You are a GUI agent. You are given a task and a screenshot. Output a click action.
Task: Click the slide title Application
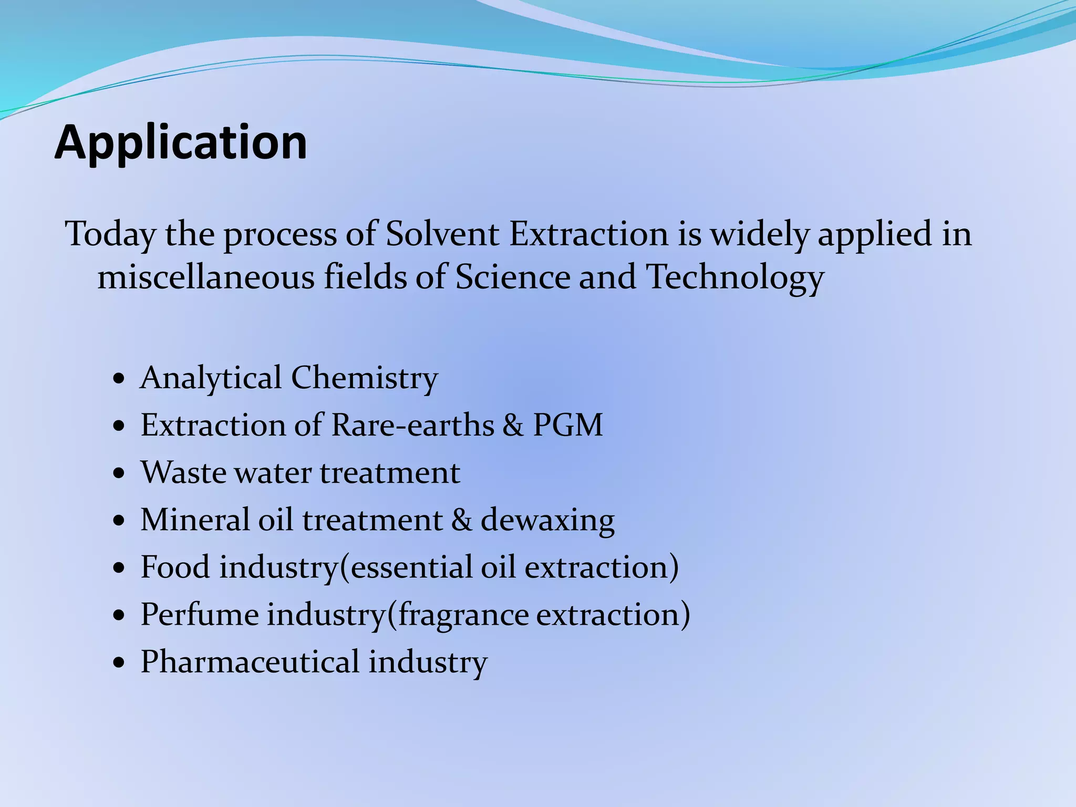[181, 143]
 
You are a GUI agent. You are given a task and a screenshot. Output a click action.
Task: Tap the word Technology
[734, 277]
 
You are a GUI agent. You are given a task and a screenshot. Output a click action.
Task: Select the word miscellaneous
[206, 276]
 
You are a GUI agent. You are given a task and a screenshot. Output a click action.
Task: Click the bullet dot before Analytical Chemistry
[119, 379]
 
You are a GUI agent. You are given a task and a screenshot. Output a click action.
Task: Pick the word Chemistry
[364, 378]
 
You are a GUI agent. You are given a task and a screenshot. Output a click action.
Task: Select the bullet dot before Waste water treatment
[119, 473]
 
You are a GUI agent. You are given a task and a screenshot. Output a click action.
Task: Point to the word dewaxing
[547, 520]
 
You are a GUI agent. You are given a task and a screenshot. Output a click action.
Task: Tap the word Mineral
[195, 520]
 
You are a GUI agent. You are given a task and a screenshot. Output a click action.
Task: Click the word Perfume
[200, 614]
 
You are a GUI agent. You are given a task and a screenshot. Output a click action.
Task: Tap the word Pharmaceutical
[250, 661]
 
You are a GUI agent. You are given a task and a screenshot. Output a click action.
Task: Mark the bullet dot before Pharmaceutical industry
[119, 663]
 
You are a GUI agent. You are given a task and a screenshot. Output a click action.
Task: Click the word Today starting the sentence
[110, 234]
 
